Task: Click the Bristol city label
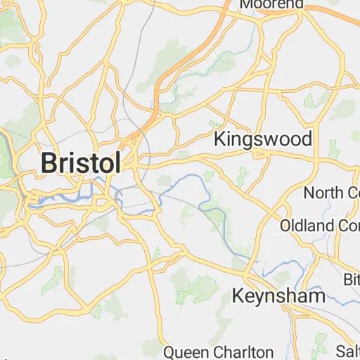coord(80,162)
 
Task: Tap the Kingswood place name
coord(262,139)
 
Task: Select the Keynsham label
coord(278,296)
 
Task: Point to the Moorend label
coord(271,4)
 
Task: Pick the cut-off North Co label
coord(331,192)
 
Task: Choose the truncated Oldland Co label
coord(319,226)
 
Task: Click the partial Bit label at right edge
coord(351,281)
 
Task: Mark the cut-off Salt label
coord(347,351)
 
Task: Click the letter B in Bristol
coord(49,162)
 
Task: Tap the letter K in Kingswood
coord(219,139)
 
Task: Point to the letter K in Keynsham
coord(239,296)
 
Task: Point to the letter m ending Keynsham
coord(317,296)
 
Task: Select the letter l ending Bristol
coord(117,162)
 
